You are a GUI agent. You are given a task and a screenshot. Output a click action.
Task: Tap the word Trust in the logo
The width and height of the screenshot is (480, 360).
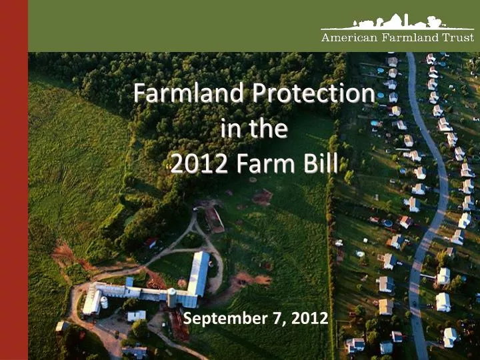458,38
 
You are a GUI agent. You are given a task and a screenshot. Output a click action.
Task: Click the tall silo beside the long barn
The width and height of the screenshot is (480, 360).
172,297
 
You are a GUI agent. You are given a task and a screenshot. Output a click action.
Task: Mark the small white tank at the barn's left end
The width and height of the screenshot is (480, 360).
103,302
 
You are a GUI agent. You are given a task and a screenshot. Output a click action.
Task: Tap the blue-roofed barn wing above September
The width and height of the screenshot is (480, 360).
199,273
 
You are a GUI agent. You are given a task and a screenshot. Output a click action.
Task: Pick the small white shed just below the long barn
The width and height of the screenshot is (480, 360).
136,315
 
